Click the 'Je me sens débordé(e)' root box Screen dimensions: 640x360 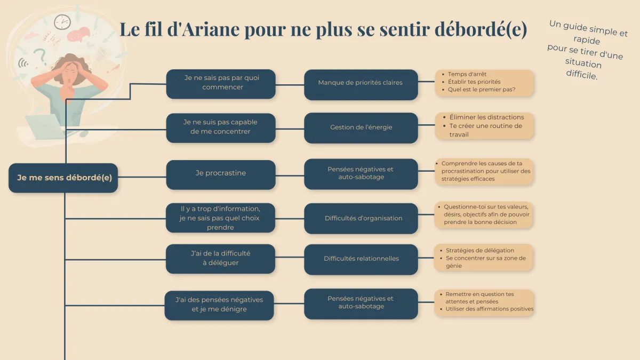(x=63, y=178)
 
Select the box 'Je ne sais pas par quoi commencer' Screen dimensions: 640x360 (x=221, y=84)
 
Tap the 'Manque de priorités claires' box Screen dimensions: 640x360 (x=361, y=85)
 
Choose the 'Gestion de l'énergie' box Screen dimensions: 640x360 (x=361, y=127)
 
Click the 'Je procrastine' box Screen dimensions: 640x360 (x=221, y=174)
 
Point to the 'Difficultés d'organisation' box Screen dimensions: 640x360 (x=361, y=218)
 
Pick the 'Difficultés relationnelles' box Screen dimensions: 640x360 (x=361, y=259)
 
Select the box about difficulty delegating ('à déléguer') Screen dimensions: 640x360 (x=220, y=259)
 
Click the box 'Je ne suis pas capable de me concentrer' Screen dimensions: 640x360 (x=221, y=128)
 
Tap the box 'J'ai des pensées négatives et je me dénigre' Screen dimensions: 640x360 (x=219, y=305)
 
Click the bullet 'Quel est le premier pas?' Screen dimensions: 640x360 (x=482, y=90)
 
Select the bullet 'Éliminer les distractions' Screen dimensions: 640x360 (x=486, y=117)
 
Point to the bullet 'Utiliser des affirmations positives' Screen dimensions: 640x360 (x=489, y=309)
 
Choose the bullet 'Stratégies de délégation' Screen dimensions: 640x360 (x=479, y=250)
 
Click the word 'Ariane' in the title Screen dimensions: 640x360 (x=210, y=29)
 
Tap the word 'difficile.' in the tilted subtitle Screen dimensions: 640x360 (x=582, y=75)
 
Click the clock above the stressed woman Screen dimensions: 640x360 (x=62, y=22)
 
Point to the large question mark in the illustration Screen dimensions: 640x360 (x=41, y=57)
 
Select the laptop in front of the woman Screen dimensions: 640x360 (x=46, y=127)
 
